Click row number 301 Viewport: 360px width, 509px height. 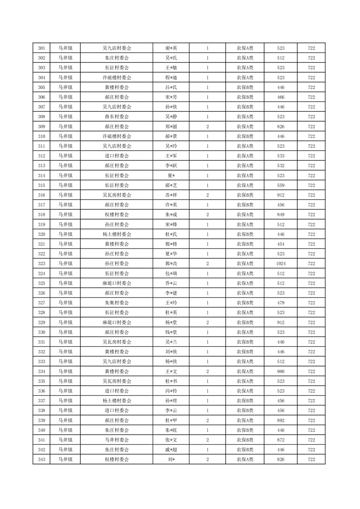[42, 48]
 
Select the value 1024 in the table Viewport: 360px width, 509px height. [281, 264]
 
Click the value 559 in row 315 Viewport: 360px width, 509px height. [281, 185]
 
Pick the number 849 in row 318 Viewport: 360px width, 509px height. [281, 215]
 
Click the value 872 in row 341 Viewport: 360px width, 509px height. [281, 440]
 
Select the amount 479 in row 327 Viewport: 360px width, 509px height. [281, 303]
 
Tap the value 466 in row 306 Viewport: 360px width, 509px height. [281, 97]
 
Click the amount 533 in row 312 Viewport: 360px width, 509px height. [281, 156]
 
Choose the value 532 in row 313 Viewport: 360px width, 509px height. [281, 166]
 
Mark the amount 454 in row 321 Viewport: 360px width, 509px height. [281, 244]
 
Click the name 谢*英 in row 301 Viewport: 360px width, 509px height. [171, 48]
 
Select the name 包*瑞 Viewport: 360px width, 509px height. [171, 274]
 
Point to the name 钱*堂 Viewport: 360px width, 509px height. [171, 332]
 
